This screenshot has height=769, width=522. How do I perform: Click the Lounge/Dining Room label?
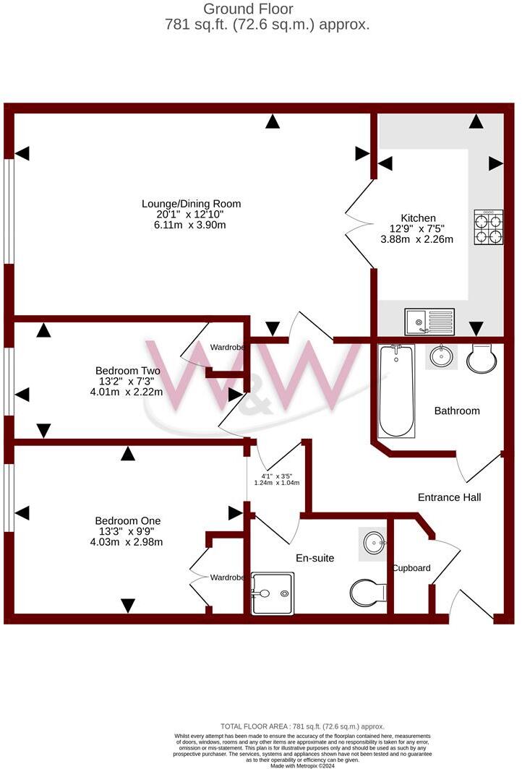pyautogui.click(x=191, y=204)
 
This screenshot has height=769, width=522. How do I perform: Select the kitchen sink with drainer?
pyautogui.click(x=429, y=322)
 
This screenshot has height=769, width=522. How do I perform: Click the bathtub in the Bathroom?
pyautogui.click(x=396, y=390)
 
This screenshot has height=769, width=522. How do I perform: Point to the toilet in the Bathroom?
pyautogui.click(x=480, y=358)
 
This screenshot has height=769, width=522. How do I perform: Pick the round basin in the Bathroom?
pyautogui.click(x=441, y=356)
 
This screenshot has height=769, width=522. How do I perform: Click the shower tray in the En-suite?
pyautogui.click(x=273, y=593)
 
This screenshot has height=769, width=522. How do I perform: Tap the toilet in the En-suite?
pyautogui.click(x=368, y=593)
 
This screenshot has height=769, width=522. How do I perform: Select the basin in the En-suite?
pyautogui.click(x=374, y=542)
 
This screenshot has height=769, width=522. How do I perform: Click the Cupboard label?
pyautogui.click(x=411, y=568)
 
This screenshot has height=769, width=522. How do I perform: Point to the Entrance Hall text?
pyautogui.click(x=449, y=497)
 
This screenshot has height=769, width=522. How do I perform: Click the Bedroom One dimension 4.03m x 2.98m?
pyautogui.click(x=128, y=542)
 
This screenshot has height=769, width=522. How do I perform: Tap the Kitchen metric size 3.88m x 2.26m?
pyautogui.click(x=417, y=239)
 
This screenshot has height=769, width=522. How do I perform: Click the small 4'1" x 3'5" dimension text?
pyautogui.click(x=277, y=476)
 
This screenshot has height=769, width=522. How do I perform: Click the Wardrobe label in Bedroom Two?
pyautogui.click(x=227, y=348)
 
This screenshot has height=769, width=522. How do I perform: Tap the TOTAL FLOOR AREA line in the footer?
pyautogui.click(x=302, y=726)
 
